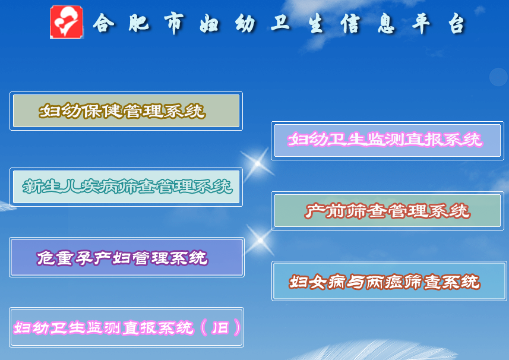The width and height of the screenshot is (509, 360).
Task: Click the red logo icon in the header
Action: [67, 22]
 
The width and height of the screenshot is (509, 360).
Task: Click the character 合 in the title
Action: [103, 23]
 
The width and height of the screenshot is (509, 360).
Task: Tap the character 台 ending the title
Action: [457, 23]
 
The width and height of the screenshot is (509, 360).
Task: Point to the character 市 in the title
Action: [175, 23]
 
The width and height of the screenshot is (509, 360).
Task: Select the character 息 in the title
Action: [386, 23]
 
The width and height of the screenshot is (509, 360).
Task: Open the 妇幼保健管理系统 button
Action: [127, 111]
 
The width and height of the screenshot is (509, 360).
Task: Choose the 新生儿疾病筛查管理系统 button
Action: [127, 187]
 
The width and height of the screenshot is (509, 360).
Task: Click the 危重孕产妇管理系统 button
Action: [127, 257]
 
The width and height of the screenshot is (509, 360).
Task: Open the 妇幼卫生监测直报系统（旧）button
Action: [127, 327]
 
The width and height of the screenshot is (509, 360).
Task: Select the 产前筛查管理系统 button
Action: [387, 211]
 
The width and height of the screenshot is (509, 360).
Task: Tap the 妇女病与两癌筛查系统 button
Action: [389, 281]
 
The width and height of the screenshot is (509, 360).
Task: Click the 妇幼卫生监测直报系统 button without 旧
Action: [387, 141]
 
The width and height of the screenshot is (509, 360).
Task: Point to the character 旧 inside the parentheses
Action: [221, 327]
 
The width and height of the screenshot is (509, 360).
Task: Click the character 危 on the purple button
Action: [46, 258]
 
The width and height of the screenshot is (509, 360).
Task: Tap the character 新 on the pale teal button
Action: [31, 187]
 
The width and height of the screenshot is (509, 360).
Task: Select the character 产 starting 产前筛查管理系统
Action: [315, 211]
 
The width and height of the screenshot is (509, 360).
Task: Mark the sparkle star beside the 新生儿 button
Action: [257, 163]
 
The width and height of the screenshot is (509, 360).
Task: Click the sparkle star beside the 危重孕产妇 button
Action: [260, 240]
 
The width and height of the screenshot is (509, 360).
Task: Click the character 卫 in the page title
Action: [280, 23]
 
